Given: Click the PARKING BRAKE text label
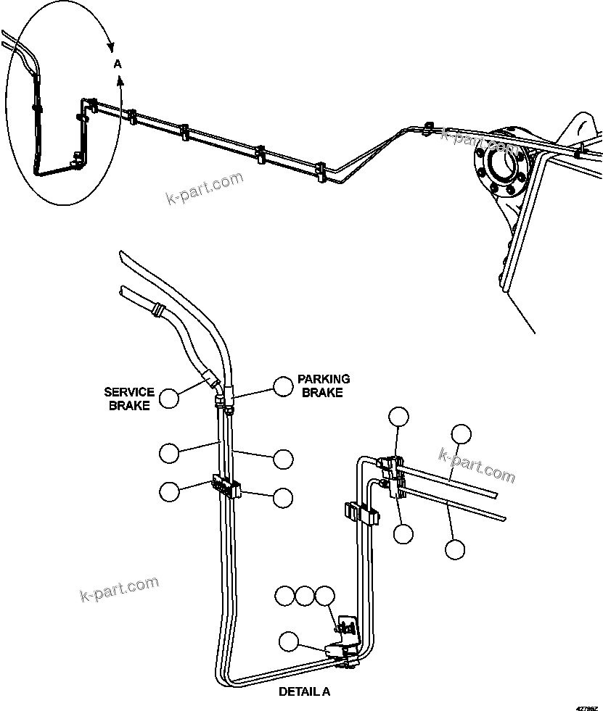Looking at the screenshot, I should [x=323, y=385].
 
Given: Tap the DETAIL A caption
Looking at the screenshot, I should [x=304, y=691].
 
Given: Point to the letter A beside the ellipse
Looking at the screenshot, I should [x=118, y=65].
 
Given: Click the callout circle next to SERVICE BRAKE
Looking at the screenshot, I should [x=169, y=398].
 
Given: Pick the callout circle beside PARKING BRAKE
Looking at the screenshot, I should [x=282, y=386].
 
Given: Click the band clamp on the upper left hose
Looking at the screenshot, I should [x=154, y=311].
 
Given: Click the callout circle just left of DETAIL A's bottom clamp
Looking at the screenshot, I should [x=289, y=641].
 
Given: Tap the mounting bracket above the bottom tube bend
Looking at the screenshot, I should [x=349, y=625].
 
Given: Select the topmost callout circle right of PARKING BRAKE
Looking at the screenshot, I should [x=398, y=417].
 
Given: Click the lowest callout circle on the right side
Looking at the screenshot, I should [x=455, y=549].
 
